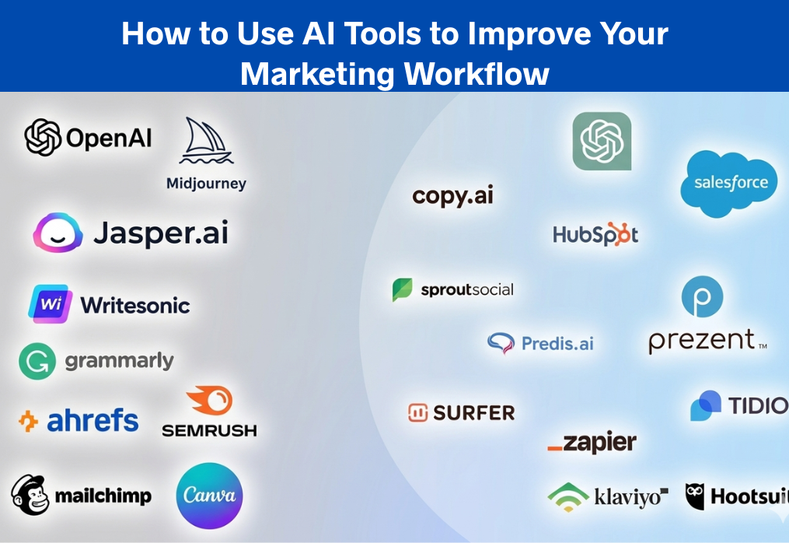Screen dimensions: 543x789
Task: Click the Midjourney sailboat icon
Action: click(206, 142)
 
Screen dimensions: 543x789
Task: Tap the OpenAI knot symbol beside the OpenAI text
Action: click(43, 138)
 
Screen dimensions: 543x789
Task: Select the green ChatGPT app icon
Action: click(602, 141)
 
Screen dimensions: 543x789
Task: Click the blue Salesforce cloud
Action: click(729, 183)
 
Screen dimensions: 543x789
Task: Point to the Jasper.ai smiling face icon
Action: click(58, 233)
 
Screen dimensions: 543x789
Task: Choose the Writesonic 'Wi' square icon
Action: click(51, 304)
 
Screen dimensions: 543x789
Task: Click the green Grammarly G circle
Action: click(37, 361)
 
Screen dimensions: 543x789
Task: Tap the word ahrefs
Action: click(93, 421)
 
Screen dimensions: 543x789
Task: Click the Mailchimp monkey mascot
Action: click(30, 495)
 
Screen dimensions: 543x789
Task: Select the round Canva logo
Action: click(209, 496)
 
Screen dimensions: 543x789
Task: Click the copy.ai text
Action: click(452, 195)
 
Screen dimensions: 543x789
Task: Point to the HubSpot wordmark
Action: click(595, 234)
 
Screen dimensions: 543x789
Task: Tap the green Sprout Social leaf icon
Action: click(402, 289)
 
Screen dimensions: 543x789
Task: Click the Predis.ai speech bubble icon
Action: click(501, 343)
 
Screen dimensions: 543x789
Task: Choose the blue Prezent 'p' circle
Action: click(702, 297)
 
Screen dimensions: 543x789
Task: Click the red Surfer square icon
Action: click(418, 412)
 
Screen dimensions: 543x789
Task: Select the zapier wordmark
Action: click(592, 443)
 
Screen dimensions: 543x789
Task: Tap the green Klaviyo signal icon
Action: click(567, 496)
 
